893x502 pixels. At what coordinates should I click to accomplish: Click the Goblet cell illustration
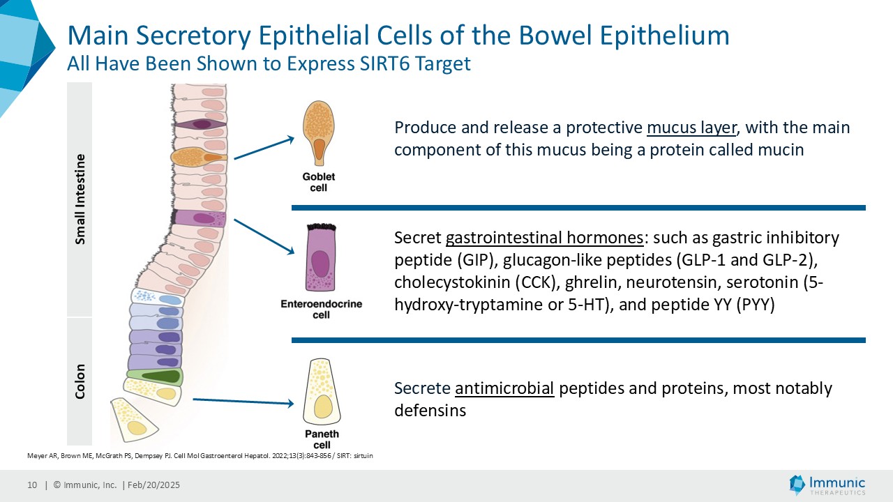[318, 133]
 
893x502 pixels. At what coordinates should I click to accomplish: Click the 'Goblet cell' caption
[318, 182]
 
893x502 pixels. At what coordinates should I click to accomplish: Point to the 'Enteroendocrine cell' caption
[321, 310]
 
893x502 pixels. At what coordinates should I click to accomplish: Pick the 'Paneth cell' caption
[322, 439]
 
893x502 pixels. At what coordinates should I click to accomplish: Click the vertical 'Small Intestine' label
[80, 199]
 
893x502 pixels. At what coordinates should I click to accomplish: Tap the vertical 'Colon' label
[80, 381]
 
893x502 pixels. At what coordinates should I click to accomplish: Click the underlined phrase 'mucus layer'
[691, 128]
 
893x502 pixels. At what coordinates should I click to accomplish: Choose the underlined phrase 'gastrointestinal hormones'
[544, 238]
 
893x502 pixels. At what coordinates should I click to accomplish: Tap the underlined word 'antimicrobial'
[504, 388]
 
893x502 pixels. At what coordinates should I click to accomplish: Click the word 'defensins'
[430, 411]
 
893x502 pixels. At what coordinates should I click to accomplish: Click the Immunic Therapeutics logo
[827, 485]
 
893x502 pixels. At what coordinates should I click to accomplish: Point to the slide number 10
[32, 485]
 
